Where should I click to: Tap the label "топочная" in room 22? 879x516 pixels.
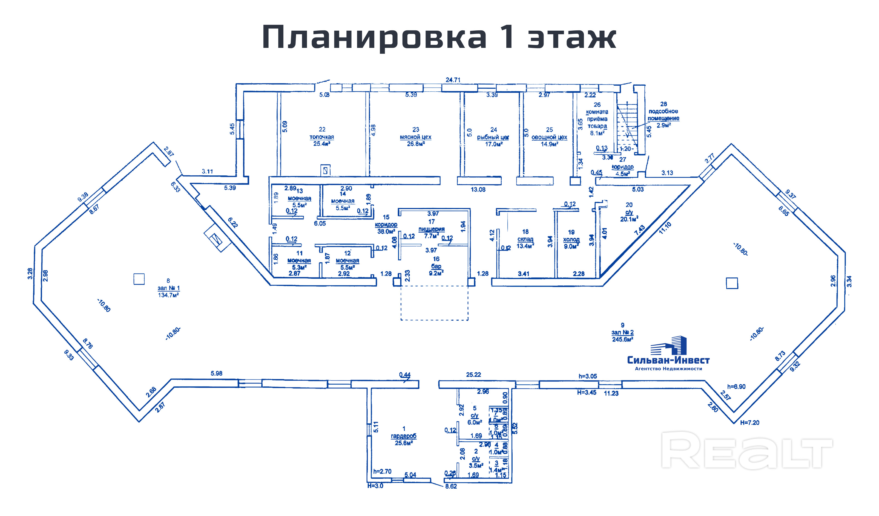tap(321, 137)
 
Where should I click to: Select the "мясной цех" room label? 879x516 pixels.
tap(415, 137)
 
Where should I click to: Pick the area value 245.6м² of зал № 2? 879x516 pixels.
tap(623, 339)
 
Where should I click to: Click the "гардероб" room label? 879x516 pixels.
tap(404, 436)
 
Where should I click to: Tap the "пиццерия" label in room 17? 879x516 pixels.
tap(432, 229)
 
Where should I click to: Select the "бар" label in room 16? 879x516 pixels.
tap(436, 266)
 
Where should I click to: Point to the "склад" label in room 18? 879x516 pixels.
tap(525, 239)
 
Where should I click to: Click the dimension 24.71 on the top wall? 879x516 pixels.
tap(453, 80)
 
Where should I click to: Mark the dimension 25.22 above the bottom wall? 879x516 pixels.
tap(473, 375)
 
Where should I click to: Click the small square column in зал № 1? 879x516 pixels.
tap(139, 279)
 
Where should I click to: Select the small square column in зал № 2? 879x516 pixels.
tap(732, 283)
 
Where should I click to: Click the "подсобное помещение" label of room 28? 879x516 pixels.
tap(663, 115)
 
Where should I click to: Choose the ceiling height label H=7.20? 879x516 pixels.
tap(749, 423)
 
